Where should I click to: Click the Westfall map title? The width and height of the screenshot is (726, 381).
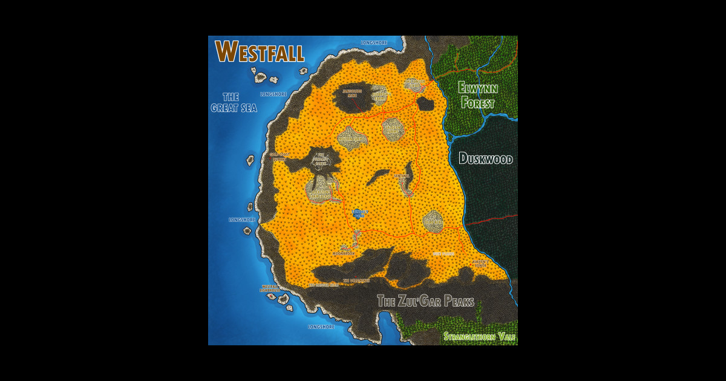click(x=260, y=52)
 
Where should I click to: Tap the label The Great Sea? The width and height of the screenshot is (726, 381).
click(x=234, y=102)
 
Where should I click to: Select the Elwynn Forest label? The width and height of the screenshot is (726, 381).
click(x=477, y=96)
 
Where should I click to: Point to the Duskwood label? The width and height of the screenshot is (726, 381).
click(x=485, y=160)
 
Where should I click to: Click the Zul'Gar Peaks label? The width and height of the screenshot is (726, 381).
click(x=425, y=301)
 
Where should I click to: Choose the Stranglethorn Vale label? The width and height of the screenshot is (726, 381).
click(x=479, y=336)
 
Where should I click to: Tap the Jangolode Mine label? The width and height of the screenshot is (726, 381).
click(x=352, y=93)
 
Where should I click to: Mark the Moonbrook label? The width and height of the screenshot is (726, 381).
click(x=344, y=253)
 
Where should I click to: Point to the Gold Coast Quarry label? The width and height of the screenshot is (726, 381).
click(x=280, y=156)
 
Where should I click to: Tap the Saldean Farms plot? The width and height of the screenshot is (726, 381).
click(x=393, y=128)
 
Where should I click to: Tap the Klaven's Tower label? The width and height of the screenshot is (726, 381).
click(x=480, y=264)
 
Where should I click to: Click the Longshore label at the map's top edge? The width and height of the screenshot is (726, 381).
click(x=373, y=43)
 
